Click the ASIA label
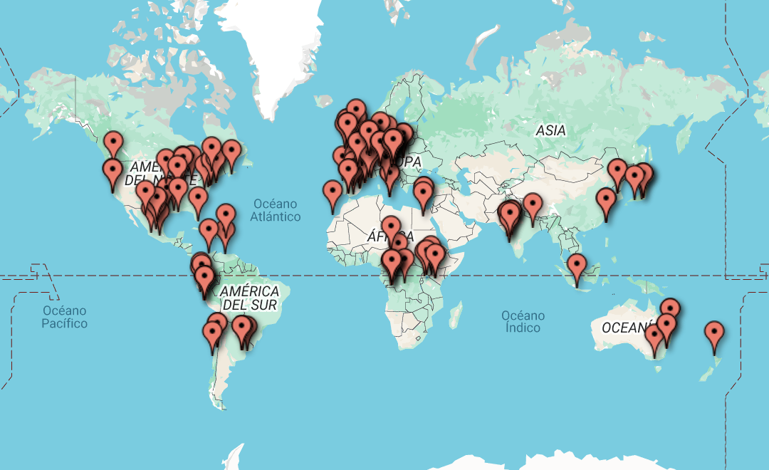tap(550, 130)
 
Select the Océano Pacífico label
tap(64, 317)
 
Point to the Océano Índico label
tap(522, 321)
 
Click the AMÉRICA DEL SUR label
tap(249, 298)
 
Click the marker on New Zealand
tap(714, 334)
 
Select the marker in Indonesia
tap(577, 267)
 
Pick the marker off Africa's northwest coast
tap(333, 193)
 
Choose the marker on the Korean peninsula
tap(617, 173)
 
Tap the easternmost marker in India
tap(533, 206)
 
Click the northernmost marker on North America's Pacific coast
tap(113, 145)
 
